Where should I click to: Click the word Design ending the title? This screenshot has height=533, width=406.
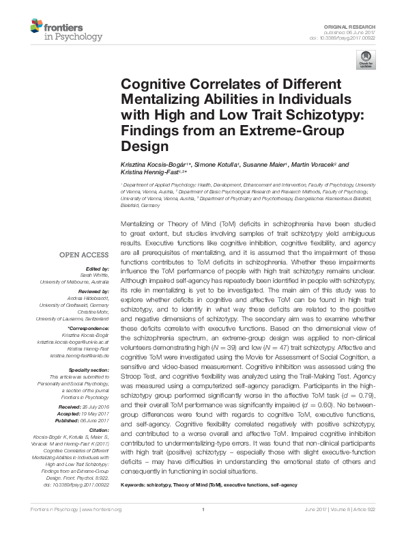144,146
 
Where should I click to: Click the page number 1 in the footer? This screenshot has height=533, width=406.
203,519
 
